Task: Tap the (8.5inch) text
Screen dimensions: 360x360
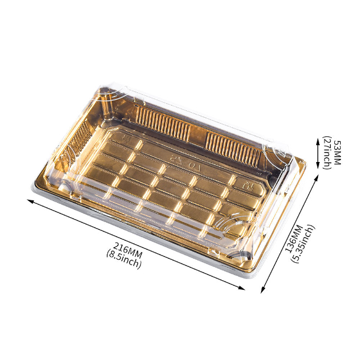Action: click(124, 259)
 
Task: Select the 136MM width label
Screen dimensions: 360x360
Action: click(294, 239)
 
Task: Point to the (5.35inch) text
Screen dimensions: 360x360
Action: click(302, 244)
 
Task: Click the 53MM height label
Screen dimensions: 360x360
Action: click(337, 152)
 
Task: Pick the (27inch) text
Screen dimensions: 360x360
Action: click(327, 152)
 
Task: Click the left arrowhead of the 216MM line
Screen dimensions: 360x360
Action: click(31, 201)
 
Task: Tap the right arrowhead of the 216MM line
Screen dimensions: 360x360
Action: click(242, 288)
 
